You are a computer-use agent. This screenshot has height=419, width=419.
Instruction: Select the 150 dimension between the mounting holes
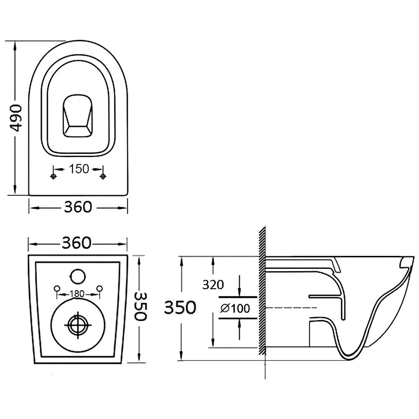[x=78, y=169]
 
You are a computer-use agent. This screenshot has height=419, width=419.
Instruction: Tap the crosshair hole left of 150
[x=53, y=177]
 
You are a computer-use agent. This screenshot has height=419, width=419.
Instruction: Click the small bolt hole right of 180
[x=100, y=288]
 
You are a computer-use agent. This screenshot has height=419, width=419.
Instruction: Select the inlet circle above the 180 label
[x=77, y=275]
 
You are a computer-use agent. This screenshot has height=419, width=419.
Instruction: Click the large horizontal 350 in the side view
[x=180, y=308]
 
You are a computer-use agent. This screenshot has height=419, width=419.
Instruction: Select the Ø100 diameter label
[x=235, y=309]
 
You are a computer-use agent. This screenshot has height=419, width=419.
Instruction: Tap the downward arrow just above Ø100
[x=239, y=290]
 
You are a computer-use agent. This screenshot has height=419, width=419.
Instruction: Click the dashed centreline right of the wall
[x=289, y=308]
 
